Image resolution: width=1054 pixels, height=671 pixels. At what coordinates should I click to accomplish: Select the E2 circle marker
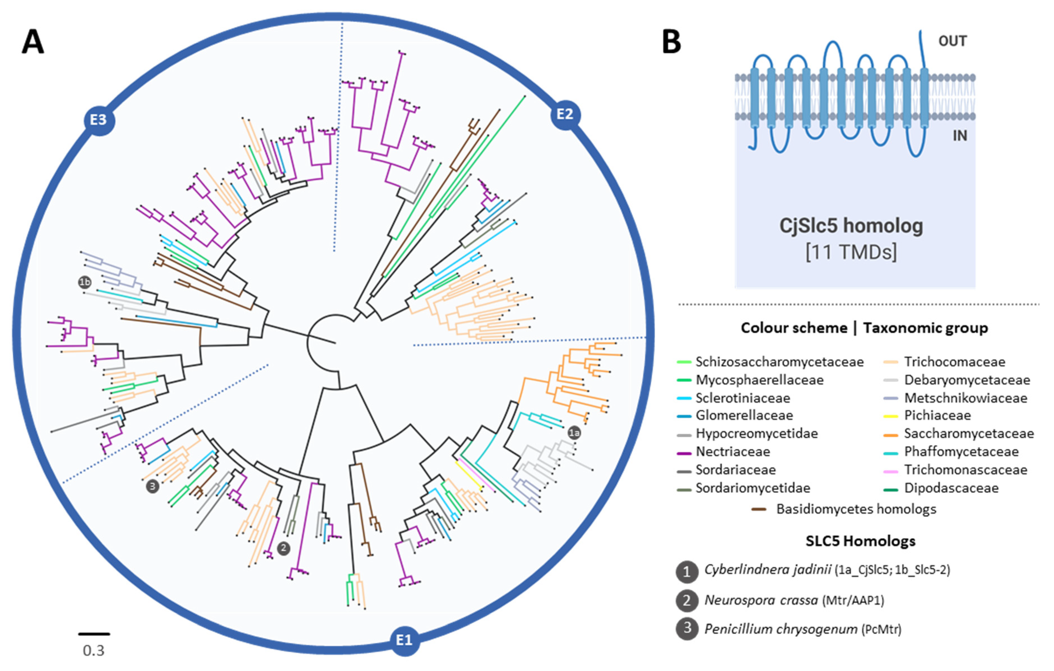[x=565, y=115]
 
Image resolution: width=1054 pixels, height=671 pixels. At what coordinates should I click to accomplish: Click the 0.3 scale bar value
[x=94, y=651]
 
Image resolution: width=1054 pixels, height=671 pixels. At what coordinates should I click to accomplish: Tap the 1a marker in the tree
[x=574, y=433]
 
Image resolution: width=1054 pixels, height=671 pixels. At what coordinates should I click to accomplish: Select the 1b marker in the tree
[x=85, y=282]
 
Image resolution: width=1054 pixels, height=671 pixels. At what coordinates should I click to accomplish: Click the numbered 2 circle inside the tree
[x=283, y=548]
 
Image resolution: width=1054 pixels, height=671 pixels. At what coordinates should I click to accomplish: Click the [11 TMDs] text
[x=851, y=252]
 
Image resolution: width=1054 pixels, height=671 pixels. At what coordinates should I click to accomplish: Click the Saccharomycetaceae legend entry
[x=969, y=434]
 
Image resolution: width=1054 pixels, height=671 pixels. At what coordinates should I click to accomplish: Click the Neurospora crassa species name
[x=761, y=600]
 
